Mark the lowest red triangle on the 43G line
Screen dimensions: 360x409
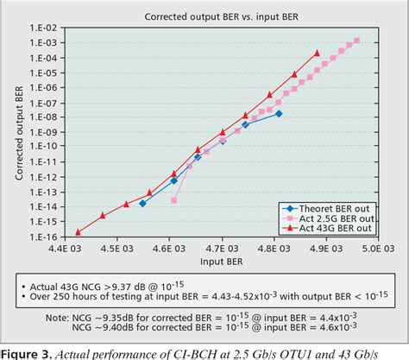click(x=78, y=231)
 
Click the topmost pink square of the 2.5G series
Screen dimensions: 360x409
click(x=357, y=41)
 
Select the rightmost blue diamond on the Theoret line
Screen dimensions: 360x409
click(x=279, y=113)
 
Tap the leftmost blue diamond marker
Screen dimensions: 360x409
click(x=142, y=204)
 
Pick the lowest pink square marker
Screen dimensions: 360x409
click(x=174, y=200)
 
